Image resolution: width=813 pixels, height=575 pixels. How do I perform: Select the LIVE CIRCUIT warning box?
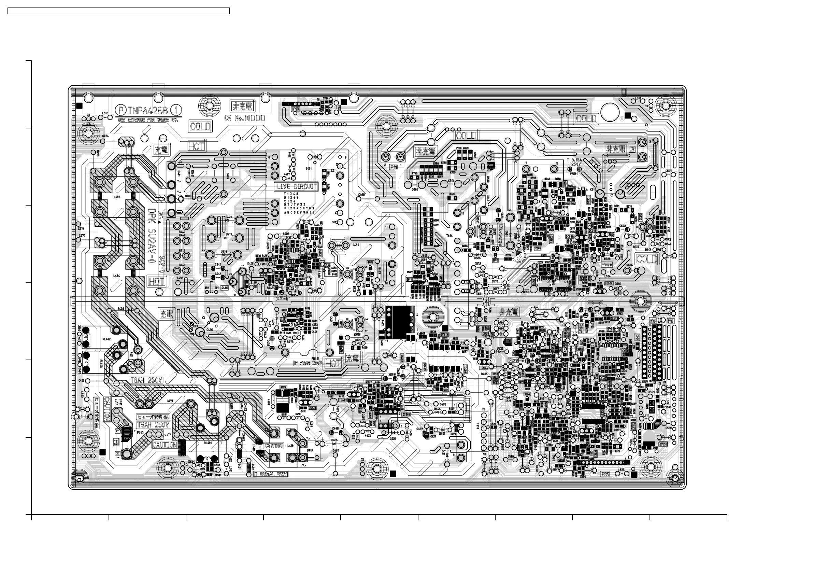coord(297,186)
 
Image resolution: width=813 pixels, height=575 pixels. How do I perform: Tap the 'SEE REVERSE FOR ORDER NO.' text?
coord(148,120)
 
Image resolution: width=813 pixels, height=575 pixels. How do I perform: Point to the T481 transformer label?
coord(309,169)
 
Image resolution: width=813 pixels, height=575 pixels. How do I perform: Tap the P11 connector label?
coord(394,166)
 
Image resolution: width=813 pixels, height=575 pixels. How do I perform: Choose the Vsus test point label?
coord(607,265)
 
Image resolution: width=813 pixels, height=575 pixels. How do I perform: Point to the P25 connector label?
coord(605,474)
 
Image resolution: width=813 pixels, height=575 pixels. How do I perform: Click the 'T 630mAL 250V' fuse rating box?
coord(271,474)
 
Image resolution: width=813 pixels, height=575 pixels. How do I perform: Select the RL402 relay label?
coord(106,339)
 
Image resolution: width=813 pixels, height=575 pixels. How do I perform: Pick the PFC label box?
coord(282,298)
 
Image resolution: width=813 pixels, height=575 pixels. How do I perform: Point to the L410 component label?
coord(290,446)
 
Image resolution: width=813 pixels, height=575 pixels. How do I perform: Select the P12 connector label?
coord(295,110)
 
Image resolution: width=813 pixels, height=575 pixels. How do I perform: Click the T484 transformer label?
coord(450,236)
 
